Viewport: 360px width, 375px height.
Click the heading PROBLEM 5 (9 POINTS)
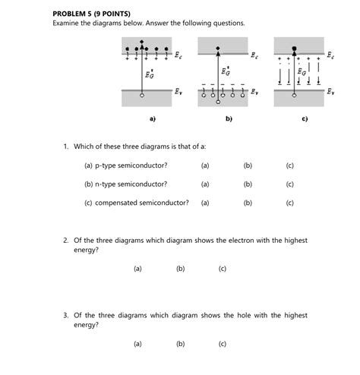(x=92, y=13)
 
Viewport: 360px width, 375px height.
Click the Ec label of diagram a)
(x=178, y=55)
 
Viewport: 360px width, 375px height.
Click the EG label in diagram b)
(x=226, y=71)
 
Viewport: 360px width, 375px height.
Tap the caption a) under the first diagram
(x=152, y=119)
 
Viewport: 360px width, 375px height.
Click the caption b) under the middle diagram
(x=229, y=119)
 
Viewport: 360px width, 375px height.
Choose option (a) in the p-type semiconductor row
(x=205, y=165)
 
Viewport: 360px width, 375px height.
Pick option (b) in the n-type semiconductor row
(x=248, y=184)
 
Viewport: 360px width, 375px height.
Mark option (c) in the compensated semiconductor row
(x=290, y=203)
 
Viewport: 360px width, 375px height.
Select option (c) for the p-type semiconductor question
(x=290, y=165)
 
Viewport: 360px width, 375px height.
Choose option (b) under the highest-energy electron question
(x=180, y=268)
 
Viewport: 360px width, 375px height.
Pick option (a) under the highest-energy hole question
(x=137, y=343)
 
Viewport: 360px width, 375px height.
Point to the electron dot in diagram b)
(x=219, y=46)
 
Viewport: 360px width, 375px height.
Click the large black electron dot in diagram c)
(x=294, y=47)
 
